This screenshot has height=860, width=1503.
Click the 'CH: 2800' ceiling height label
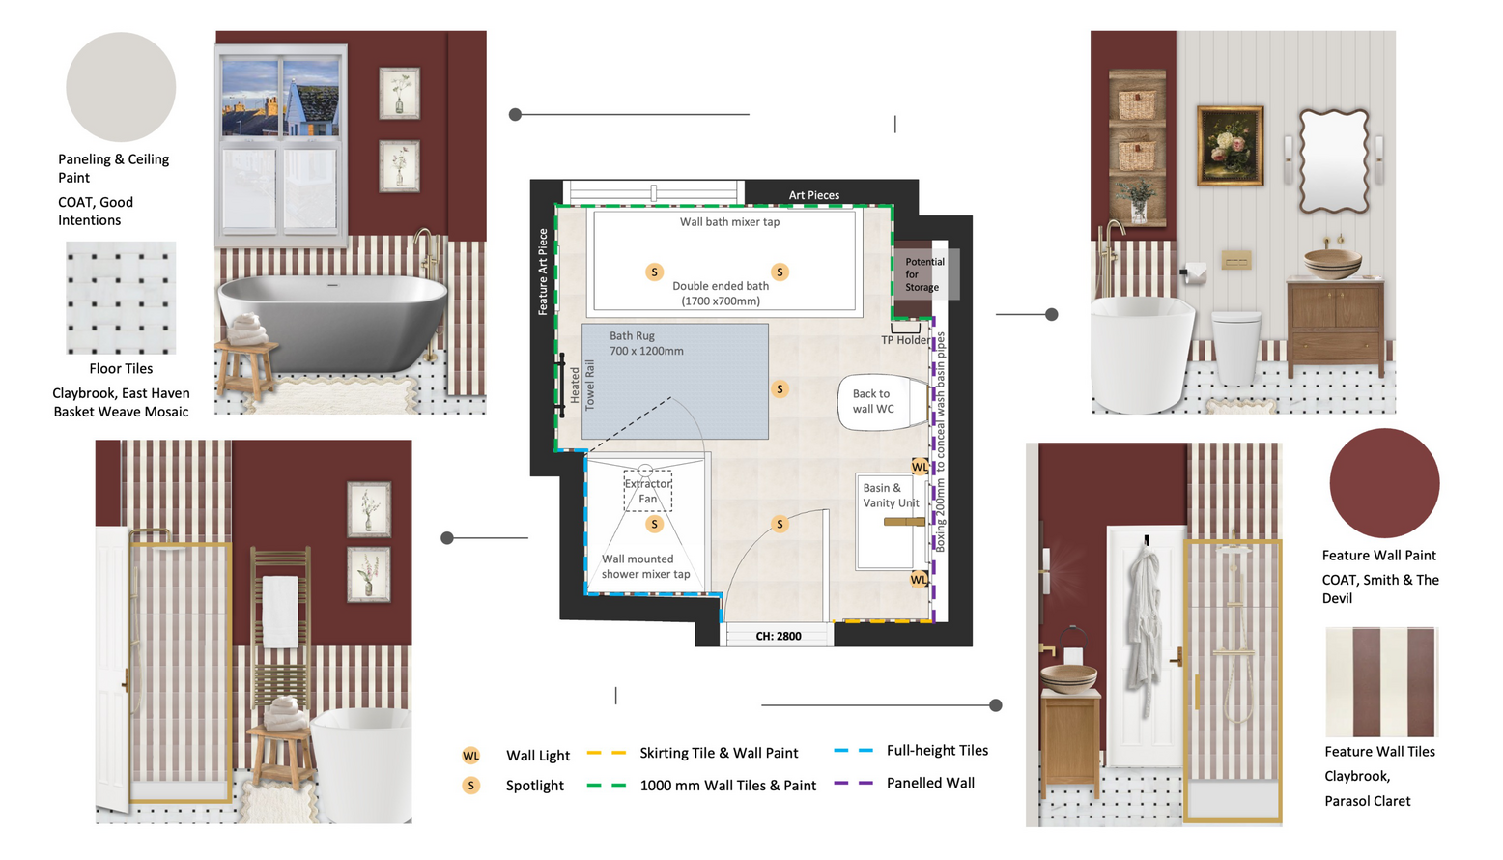779,636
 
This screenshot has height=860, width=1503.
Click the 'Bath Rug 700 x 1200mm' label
646,343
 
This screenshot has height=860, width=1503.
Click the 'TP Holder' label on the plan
906,340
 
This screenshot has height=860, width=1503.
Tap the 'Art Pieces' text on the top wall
814,195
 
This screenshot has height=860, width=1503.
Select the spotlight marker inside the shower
654,524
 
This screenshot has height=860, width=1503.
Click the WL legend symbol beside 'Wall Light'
471,756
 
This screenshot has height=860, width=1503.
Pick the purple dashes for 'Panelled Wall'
854,783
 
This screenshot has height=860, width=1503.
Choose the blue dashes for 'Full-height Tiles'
854,751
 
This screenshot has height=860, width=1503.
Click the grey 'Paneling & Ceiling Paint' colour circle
121,87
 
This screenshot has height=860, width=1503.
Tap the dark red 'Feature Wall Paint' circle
1384,483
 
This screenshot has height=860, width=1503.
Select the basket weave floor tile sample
121,298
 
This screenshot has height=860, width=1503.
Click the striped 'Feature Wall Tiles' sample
1381,681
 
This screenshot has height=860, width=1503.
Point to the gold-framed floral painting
1230,145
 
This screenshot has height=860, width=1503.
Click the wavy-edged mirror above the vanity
1333,161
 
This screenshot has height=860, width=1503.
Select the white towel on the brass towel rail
280,611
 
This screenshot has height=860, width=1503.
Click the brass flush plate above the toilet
1236,259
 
